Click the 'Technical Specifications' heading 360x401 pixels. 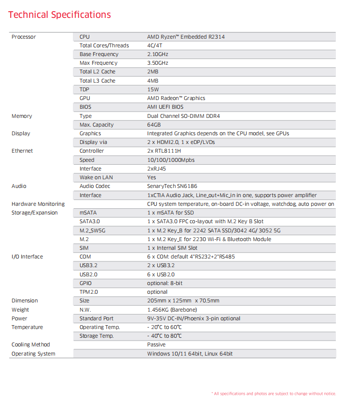tap(60, 14)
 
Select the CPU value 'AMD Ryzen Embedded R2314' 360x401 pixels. tap(186, 37)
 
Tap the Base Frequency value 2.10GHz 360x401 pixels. tap(158, 54)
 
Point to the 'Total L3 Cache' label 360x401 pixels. tap(97, 81)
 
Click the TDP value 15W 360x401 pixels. tap(153, 89)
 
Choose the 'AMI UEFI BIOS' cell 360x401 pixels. tap(165, 107)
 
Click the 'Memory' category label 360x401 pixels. tap(22, 116)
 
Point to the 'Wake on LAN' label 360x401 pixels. tap(96, 177)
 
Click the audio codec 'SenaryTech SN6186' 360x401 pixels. tap(172, 186)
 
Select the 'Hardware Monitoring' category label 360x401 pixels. tap(38, 204)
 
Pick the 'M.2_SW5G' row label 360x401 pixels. tap(92, 230)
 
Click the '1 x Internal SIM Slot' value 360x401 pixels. tap(172, 248)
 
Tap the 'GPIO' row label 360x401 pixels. tap(85, 283)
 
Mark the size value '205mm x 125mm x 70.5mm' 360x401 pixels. tap(183, 301)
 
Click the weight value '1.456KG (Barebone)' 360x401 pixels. tap(172, 310)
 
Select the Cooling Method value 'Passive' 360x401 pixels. tap(156, 344)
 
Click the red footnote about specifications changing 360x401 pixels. tap(274, 394)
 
